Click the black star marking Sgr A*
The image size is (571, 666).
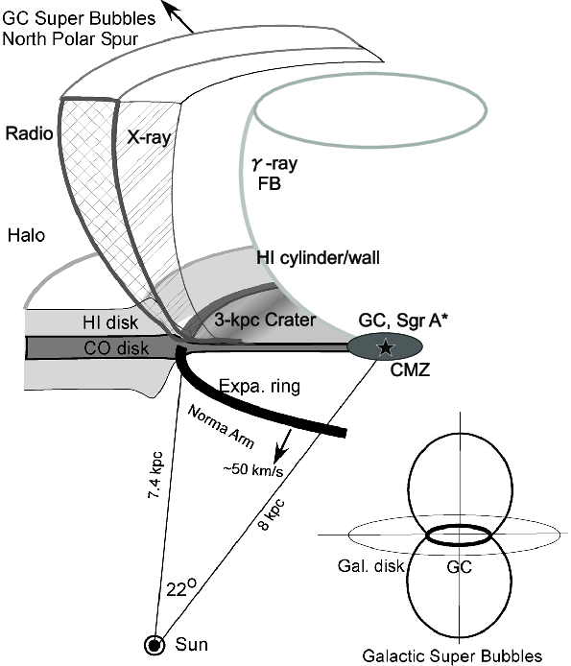click(386, 345)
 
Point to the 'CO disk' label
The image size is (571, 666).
click(83, 346)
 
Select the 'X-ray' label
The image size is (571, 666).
click(149, 137)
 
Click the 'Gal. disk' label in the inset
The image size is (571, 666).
click(376, 566)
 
